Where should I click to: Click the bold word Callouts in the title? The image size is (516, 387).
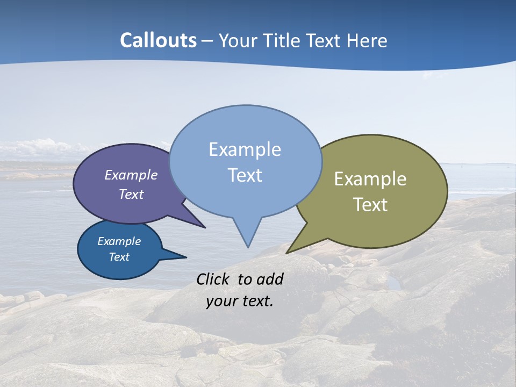tap(159, 40)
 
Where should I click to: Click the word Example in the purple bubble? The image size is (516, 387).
tap(131, 175)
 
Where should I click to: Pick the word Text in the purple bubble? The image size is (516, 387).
tap(131, 194)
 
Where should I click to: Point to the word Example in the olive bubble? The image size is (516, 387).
tap(370, 179)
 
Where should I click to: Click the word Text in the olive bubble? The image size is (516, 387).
tap(370, 205)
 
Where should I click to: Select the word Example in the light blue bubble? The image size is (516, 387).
tap(245, 149)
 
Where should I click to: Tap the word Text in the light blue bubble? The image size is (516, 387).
tap(245, 175)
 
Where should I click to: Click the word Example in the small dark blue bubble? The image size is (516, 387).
tap(119, 241)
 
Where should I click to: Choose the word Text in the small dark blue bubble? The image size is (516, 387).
tap(119, 257)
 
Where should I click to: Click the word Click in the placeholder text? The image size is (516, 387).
tap(213, 279)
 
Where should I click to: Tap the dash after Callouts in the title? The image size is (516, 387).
tap(207, 41)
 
